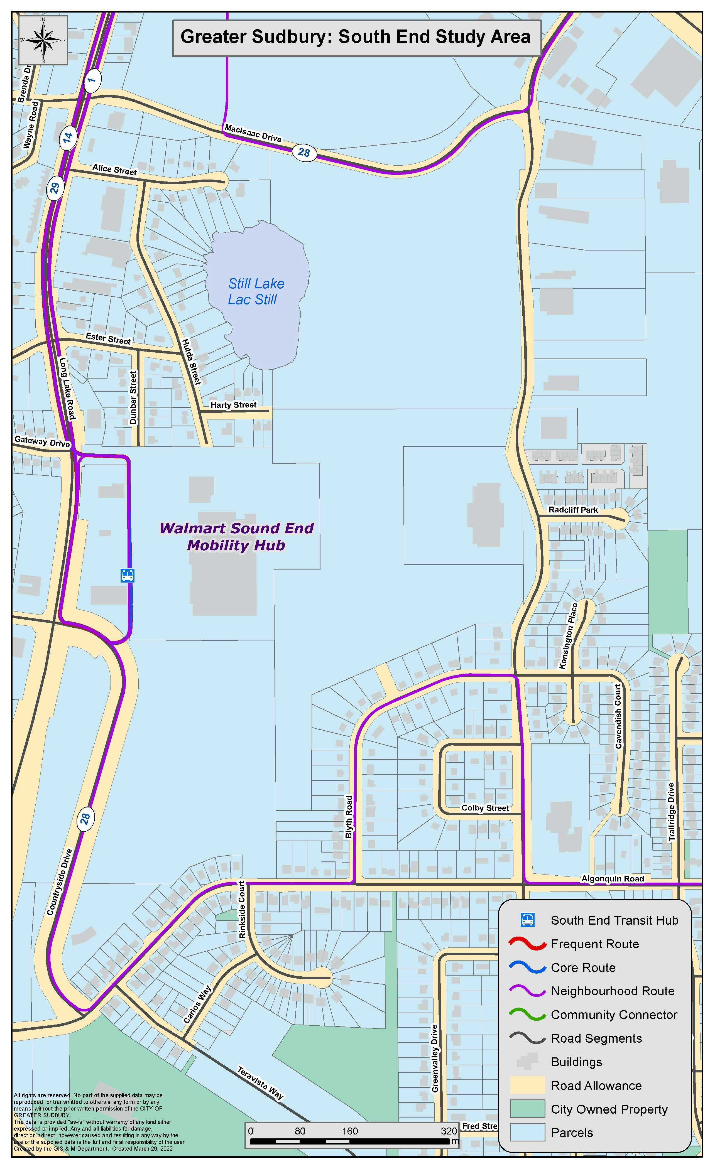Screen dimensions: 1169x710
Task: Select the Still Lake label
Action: point(256,291)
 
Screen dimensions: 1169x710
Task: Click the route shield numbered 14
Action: point(68,137)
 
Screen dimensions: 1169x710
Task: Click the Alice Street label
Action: point(114,170)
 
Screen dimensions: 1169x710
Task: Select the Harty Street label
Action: point(234,405)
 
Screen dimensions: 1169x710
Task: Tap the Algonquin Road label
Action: point(613,879)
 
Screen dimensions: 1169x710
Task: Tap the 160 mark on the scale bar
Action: point(350,1131)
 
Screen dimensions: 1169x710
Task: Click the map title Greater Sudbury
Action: point(356,37)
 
